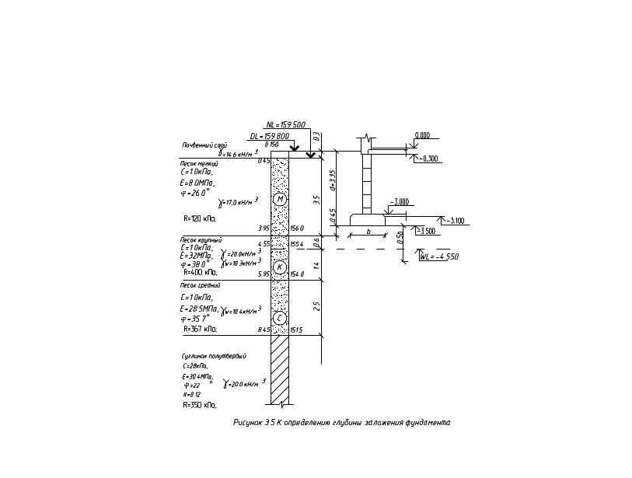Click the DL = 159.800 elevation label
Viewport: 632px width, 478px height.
click(269, 136)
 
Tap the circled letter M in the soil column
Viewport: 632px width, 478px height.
click(280, 199)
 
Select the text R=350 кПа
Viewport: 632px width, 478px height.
click(199, 329)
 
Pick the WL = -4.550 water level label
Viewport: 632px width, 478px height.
click(440, 255)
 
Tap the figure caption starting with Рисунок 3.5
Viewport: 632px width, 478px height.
click(342, 423)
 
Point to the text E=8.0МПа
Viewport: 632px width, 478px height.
click(191, 183)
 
